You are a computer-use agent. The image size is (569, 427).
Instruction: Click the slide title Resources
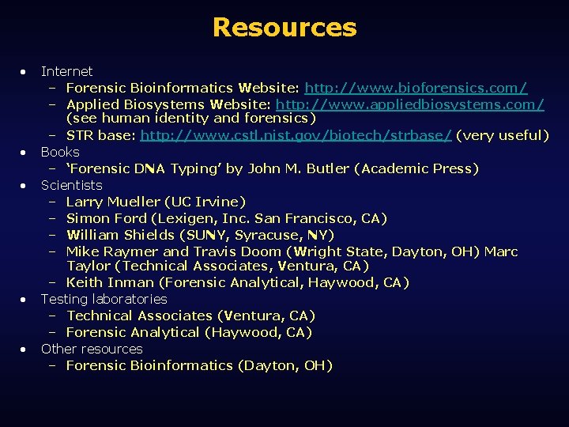coord(284,28)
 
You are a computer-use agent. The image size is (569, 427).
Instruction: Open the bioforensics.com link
coord(416,88)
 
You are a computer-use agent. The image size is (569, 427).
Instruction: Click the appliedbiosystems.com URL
coord(409,104)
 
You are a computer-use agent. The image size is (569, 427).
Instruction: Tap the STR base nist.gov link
coord(296,135)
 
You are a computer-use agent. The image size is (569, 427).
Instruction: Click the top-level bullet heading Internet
coord(66,71)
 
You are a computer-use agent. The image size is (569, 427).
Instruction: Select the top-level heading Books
coord(60,152)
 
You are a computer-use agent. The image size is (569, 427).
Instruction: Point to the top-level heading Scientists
coord(71,185)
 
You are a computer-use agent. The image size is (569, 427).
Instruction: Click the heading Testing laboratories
coord(104,299)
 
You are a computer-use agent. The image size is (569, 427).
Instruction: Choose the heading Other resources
coord(92,349)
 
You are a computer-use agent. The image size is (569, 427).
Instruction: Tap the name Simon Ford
coord(107,218)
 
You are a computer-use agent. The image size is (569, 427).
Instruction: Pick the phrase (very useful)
coord(503,135)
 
